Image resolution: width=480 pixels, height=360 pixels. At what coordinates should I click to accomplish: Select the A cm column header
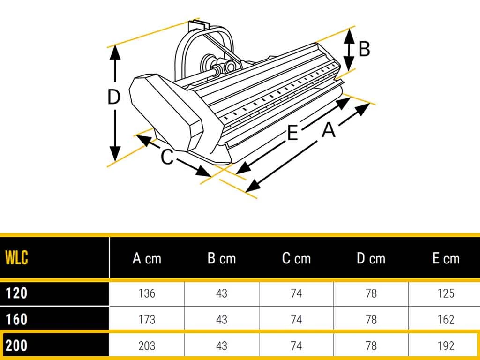click(147, 259)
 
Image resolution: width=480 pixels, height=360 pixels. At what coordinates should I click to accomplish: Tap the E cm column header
click(446, 259)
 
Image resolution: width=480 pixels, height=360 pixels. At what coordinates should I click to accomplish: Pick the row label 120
click(16, 293)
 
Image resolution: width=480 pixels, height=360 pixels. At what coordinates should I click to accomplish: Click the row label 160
click(16, 319)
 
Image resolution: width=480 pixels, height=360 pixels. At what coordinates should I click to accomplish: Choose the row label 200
click(16, 345)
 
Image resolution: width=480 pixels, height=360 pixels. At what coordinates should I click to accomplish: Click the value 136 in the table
click(147, 293)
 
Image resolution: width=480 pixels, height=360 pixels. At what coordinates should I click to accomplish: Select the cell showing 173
click(147, 320)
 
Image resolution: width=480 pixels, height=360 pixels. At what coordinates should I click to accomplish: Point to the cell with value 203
click(147, 346)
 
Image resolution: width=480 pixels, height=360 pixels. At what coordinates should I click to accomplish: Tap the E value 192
click(446, 346)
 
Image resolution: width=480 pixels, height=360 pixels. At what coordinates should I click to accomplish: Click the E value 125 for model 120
click(446, 293)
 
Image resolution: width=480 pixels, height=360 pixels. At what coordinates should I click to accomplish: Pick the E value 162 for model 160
click(446, 320)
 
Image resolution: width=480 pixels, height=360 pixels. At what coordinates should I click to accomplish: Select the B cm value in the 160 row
click(222, 320)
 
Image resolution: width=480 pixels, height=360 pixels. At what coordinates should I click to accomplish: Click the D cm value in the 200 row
click(371, 346)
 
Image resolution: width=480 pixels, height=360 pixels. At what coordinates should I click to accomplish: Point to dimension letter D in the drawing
click(114, 97)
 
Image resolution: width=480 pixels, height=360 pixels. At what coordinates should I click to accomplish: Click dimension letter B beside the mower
click(364, 49)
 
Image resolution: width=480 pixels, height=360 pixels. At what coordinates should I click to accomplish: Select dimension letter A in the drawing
click(329, 129)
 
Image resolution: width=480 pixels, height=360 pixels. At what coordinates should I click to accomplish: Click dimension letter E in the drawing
click(292, 133)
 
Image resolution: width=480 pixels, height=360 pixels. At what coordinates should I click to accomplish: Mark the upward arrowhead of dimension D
click(115, 52)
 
